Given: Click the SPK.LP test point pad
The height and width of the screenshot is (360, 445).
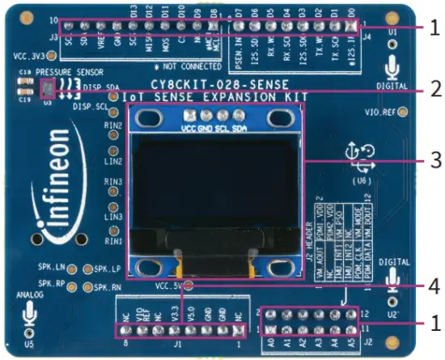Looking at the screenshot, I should (x=89, y=269).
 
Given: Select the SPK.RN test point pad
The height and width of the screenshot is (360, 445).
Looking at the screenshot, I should (x=89, y=286).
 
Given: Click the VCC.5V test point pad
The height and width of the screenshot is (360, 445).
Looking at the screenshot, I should (x=189, y=285).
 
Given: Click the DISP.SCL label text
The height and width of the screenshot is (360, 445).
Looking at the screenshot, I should (x=90, y=106).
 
